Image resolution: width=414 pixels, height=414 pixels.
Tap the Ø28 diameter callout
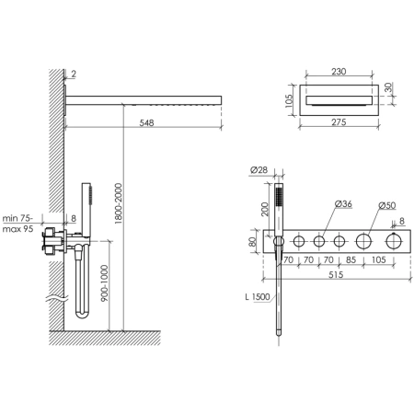pyautogui.click(x=258, y=170)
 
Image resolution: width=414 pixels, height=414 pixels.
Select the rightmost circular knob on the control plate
pyautogui.click(x=397, y=243)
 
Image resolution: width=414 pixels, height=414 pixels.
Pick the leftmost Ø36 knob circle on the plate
pyautogui.click(x=299, y=243)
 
